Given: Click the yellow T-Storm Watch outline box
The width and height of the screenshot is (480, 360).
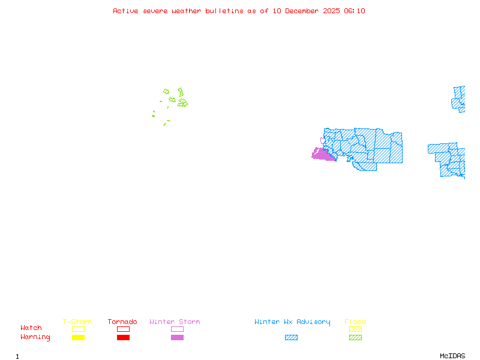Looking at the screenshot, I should pyautogui.click(x=78, y=329).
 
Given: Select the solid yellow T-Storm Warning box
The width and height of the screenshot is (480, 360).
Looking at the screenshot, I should pyautogui.click(x=78, y=338).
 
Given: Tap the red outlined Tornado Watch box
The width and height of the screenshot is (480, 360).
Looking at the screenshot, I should pyautogui.click(x=123, y=329).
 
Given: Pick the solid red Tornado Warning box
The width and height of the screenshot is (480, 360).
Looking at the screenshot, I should pyautogui.click(x=123, y=338).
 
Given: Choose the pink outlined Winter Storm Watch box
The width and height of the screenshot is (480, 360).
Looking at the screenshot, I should pyautogui.click(x=177, y=329).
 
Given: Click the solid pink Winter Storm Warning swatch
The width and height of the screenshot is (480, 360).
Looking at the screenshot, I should pyautogui.click(x=177, y=338).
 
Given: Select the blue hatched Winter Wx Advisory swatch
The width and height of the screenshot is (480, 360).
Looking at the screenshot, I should pyautogui.click(x=291, y=338).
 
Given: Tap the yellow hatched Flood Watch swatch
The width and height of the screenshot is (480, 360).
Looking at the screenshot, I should pyautogui.click(x=355, y=329).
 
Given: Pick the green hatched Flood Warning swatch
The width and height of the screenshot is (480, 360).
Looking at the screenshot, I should pyautogui.click(x=355, y=338).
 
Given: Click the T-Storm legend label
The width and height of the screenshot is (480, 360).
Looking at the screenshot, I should pyautogui.click(x=77, y=322).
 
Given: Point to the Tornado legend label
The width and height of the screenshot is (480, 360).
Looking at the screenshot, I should pyautogui.click(x=122, y=322).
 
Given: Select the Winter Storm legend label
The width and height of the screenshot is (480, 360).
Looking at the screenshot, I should pyautogui.click(x=175, y=322).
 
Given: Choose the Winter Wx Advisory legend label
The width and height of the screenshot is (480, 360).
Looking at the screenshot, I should pyautogui.click(x=292, y=322).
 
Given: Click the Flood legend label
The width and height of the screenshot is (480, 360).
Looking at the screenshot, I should pyautogui.click(x=355, y=322).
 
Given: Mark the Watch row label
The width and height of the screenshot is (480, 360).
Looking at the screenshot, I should pyautogui.click(x=31, y=328).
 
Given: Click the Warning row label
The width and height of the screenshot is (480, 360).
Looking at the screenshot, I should pyautogui.click(x=35, y=337).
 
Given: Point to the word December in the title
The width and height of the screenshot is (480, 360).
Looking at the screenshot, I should pyautogui.click(x=303, y=11).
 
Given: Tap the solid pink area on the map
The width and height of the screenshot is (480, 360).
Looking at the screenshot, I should pyautogui.click(x=323, y=155).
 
